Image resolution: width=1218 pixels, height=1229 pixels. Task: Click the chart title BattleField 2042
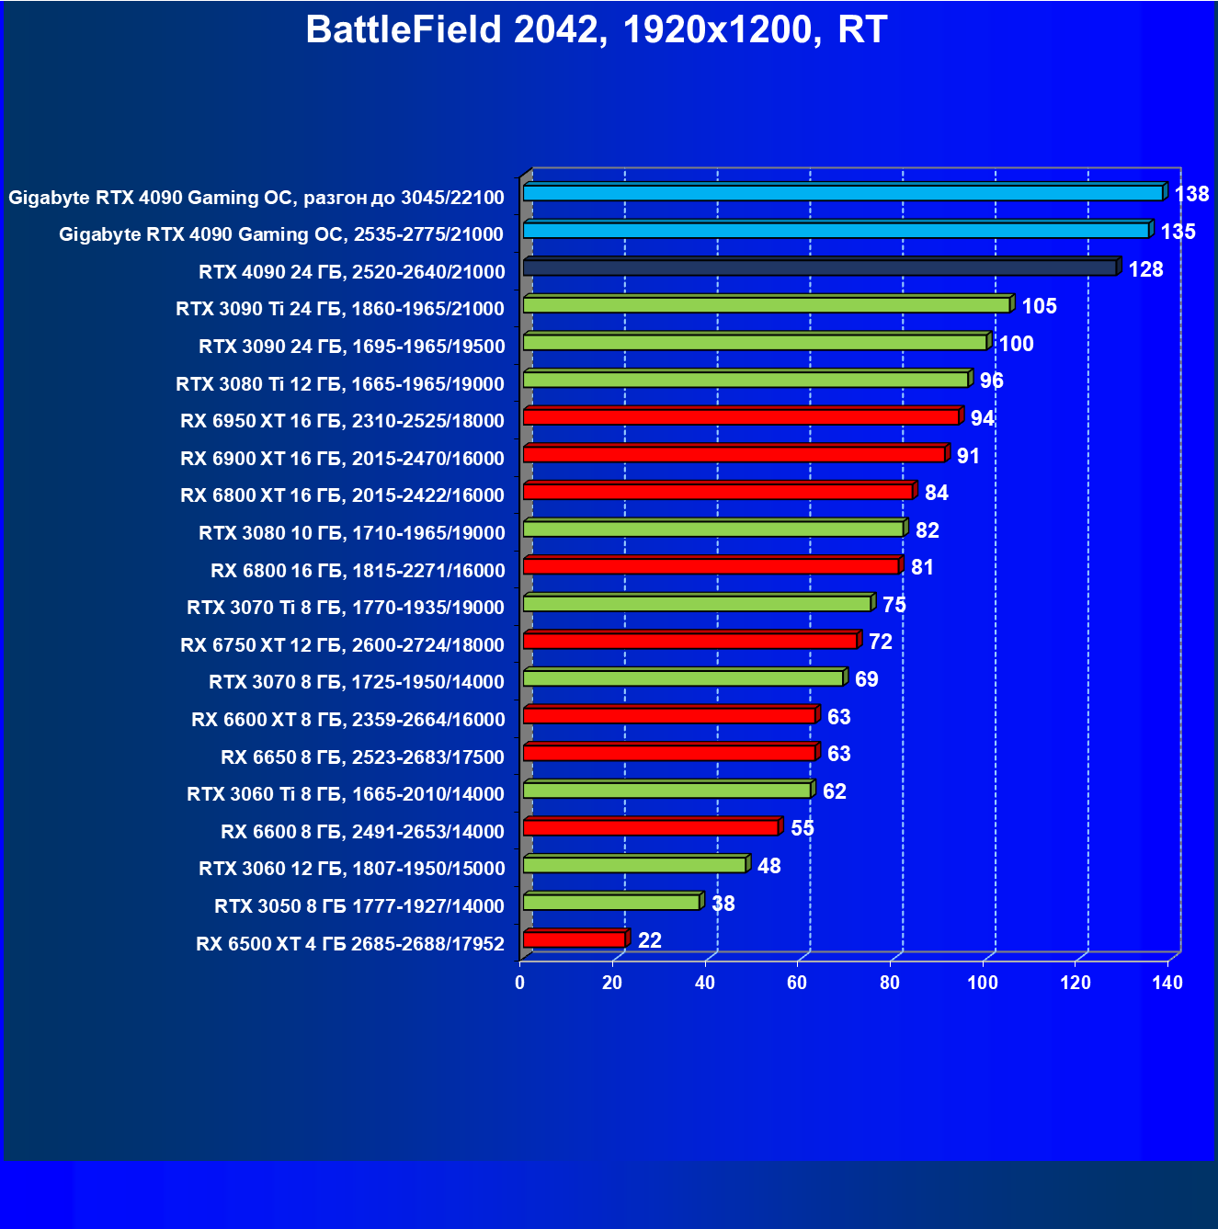596,30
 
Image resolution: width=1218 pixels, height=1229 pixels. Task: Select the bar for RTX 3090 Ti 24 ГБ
766,305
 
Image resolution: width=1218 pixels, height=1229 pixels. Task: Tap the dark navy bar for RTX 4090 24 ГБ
819,267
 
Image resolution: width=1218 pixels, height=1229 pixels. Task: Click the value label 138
1191,194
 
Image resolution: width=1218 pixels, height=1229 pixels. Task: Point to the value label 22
649,940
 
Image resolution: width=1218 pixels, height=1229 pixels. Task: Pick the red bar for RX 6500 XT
574,939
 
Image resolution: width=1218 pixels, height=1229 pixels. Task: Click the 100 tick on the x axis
982,983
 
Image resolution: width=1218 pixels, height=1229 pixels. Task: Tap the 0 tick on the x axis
520,983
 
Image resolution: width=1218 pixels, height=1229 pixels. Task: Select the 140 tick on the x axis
1167,983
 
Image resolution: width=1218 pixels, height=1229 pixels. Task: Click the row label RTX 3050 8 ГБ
359,906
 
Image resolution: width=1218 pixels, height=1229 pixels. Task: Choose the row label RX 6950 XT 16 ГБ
342,421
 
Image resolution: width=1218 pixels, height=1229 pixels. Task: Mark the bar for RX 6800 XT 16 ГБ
717,492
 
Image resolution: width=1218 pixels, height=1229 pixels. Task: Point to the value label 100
1016,344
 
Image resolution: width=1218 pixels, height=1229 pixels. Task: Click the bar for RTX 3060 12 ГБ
634,865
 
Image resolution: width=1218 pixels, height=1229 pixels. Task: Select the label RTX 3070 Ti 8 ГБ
345,608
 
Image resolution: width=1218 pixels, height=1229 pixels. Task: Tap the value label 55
802,828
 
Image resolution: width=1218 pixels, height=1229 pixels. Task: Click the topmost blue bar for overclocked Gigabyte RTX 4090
842,193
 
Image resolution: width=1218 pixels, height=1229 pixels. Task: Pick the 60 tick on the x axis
797,983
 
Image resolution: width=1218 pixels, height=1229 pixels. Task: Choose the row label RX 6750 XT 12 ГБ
342,645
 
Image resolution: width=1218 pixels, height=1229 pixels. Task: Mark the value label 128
1145,269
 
